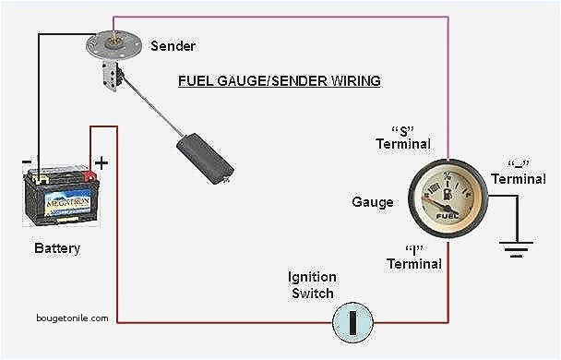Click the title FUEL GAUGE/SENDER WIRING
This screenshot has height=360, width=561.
coord(280,81)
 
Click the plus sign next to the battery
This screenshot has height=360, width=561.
coord(101,162)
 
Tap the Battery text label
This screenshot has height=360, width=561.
coord(57,248)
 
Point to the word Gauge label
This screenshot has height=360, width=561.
coord(373,202)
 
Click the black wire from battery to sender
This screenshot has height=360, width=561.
coord(39,92)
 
